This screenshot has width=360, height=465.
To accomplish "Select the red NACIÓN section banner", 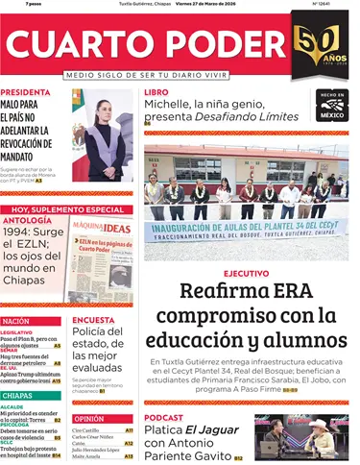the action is coord(16,321).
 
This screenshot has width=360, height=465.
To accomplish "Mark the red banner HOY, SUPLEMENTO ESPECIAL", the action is coord(66,208).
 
